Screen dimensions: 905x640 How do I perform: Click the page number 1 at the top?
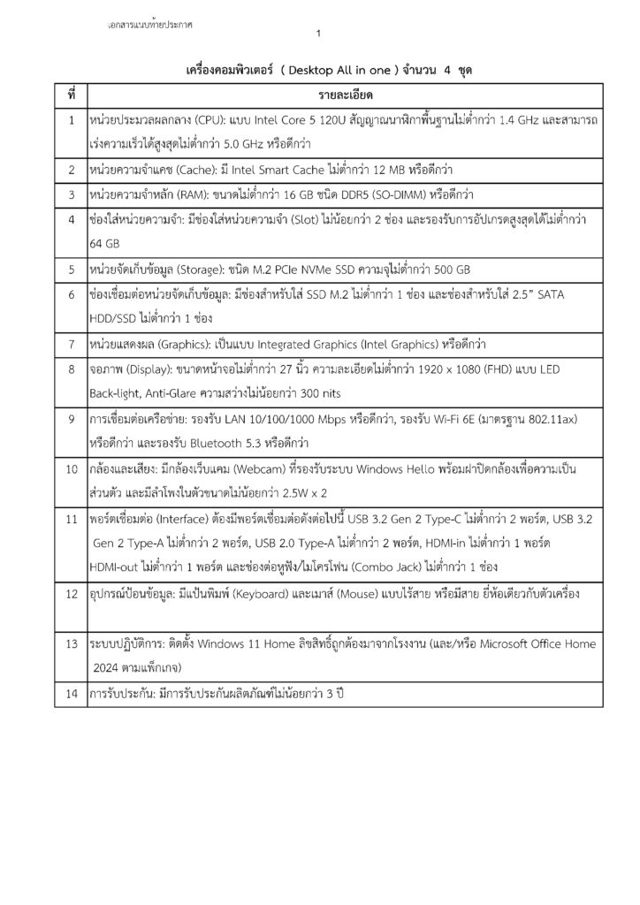318,34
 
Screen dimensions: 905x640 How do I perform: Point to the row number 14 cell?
71,693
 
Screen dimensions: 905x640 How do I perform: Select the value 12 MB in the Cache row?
368,168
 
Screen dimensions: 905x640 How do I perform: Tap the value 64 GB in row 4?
105,243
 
